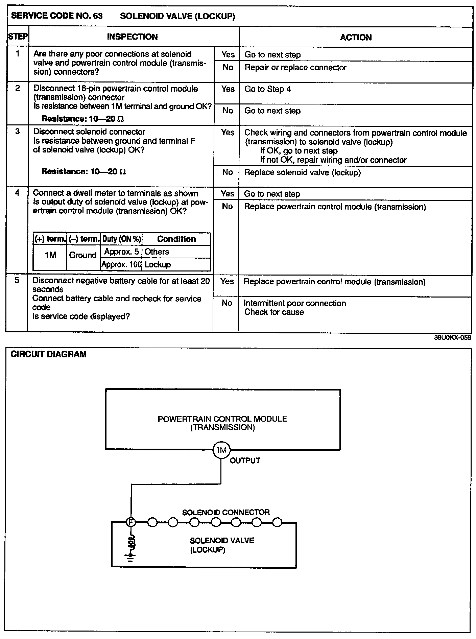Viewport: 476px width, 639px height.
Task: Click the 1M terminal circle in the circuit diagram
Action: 221,450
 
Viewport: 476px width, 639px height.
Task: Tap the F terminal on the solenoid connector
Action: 130,522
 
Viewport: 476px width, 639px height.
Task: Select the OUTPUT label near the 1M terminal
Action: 245,460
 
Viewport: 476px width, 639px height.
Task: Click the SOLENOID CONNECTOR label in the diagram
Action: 226,512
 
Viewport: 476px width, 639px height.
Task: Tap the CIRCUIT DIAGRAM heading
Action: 49,354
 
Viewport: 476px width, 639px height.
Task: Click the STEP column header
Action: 18,37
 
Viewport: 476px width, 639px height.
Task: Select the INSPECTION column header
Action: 132,37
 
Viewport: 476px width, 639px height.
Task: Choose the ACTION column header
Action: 356,37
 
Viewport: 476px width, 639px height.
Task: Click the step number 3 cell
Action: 18,132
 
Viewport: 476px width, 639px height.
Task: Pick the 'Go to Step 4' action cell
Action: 267,89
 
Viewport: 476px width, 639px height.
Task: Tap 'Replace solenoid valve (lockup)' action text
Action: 302,172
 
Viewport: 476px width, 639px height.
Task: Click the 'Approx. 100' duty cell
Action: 121,264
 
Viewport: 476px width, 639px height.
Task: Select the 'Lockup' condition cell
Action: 158,264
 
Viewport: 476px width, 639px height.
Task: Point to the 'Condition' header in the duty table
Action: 176,239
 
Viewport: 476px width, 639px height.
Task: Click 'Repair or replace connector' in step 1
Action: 295,68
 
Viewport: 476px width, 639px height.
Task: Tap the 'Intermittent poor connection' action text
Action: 294,303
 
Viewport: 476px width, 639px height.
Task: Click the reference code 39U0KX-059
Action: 452,337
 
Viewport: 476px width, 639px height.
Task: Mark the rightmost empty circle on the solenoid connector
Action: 277,523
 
